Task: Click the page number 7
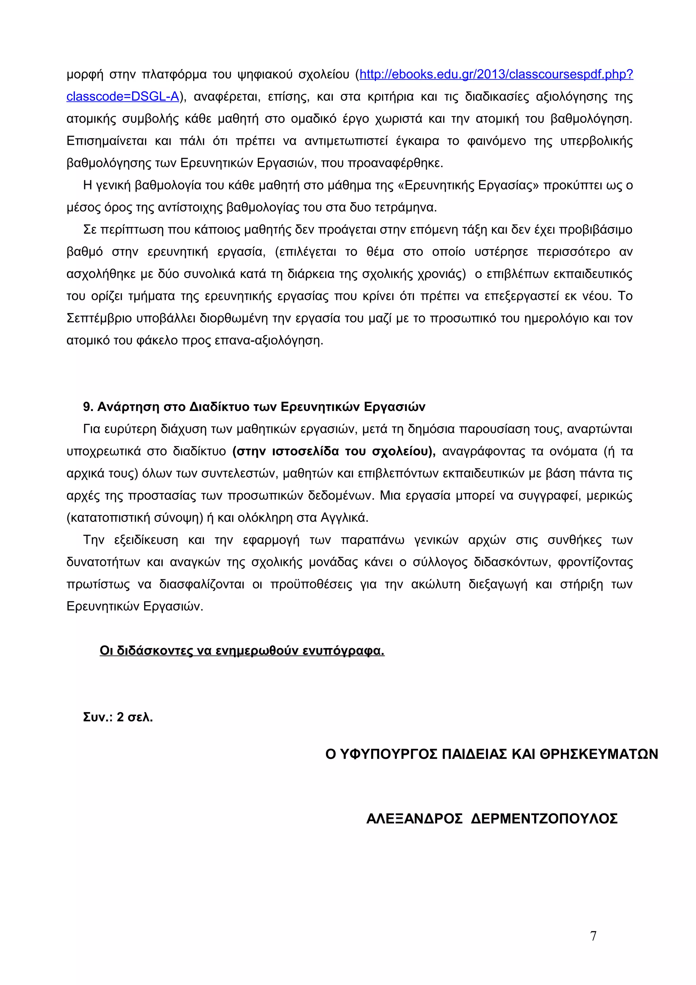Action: pos(593,936)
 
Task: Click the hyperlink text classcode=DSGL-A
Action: pos(122,97)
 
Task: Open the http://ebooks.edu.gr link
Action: pos(496,75)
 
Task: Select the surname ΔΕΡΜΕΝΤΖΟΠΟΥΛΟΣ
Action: pos(544,818)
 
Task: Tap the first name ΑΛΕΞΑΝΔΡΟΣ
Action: pos(414,818)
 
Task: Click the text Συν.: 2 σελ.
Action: pos(118,717)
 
